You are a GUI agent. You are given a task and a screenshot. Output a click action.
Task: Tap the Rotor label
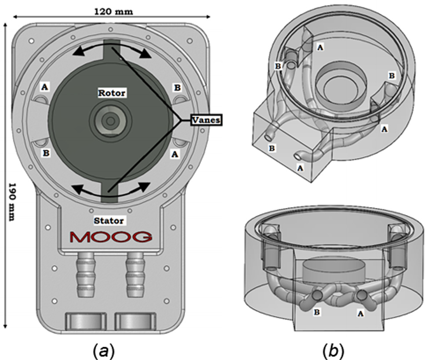(111, 93)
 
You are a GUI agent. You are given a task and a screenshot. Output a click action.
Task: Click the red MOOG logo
(112, 238)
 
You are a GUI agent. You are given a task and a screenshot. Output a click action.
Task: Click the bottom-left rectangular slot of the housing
(86, 322)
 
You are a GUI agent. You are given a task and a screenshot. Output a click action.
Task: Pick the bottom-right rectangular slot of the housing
(135, 322)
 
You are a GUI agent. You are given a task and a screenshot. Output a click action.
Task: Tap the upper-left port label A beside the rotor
(44, 87)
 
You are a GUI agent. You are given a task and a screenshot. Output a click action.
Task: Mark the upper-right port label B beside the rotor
(177, 87)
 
